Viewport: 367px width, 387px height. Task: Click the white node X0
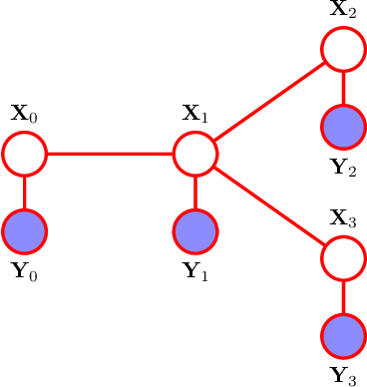point(24,154)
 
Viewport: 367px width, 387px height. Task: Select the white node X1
point(195,154)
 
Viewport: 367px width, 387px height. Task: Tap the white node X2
point(343,49)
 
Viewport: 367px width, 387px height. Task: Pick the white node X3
point(343,258)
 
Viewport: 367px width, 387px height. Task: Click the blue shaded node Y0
point(24,231)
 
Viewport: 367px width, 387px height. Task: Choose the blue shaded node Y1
point(195,231)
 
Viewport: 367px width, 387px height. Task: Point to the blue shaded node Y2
point(343,127)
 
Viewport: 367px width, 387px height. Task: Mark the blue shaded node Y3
point(343,336)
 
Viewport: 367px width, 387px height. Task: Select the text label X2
point(343,10)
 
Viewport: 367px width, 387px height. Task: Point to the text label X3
point(343,219)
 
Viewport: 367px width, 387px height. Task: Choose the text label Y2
point(343,167)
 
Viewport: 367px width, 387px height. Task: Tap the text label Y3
point(343,376)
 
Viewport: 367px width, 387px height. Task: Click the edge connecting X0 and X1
point(110,154)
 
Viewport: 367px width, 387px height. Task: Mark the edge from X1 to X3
point(269,205)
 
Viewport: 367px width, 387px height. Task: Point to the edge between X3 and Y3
point(343,297)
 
